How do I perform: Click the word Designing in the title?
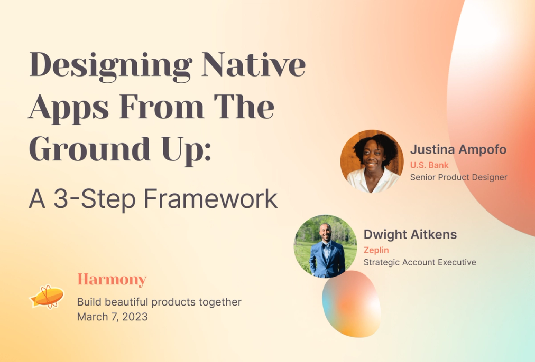click(111, 66)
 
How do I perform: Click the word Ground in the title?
click(90, 148)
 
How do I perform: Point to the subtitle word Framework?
click(210, 198)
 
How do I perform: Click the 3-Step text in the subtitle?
click(95, 199)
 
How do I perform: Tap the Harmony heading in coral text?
click(112, 280)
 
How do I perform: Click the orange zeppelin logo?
click(47, 296)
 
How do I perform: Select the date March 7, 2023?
click(112, 317)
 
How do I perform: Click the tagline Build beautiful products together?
click(159, 302)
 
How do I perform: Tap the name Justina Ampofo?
click(458, 149)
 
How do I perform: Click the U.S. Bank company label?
click(429, 165)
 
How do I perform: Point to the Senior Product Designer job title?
click(458, 177)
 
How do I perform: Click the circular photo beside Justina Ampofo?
click(372, 161)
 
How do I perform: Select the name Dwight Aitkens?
click(410, 234)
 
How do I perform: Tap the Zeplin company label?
click(376, 250)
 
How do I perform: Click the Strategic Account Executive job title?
click(420, 262)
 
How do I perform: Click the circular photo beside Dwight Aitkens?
click(326, 246)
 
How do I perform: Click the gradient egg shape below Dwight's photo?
click(352, 304)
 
